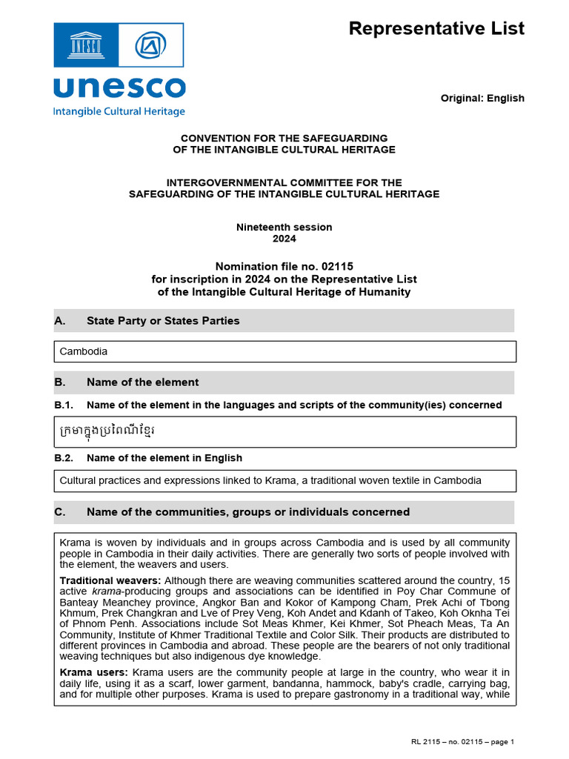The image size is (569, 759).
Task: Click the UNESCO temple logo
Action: [85, 46]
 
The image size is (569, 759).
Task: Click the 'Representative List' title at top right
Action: [436, 29]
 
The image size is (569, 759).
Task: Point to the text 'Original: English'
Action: [482, 98]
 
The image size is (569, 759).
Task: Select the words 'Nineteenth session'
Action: [284, 227]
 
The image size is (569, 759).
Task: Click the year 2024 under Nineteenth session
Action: [284, 239]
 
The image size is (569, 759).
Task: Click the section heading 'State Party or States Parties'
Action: [163, 321]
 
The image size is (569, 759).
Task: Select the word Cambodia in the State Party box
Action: [83, 351]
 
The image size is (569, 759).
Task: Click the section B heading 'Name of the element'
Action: [142, 382]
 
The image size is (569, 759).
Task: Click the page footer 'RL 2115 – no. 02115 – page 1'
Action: [462, 742]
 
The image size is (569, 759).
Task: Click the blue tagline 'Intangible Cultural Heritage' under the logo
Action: [119, 111]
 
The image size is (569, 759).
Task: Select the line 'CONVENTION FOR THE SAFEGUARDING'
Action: [284, 139]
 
